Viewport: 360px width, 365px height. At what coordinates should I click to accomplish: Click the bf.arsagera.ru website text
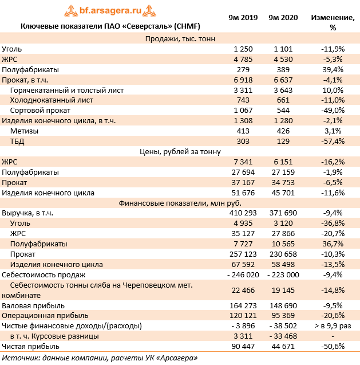pyautogui.click(x=110, y=10)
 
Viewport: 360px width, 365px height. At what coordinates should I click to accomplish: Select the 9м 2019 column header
pyautogui.click(x=243, y=18)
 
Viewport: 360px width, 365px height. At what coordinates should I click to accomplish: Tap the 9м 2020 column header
pyautogui.click(x=283, y=18)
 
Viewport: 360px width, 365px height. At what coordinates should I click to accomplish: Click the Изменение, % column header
pyautogui.click(x=333, y=22)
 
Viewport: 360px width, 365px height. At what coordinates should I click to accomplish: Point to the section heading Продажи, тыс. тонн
pyautogui.click(x=180, y=38)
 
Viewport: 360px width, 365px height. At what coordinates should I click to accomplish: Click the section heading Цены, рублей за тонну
pyautogui.click(x=180, y=152)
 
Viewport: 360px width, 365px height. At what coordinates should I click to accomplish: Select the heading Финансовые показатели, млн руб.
pyautogui.click(x=180, y=203)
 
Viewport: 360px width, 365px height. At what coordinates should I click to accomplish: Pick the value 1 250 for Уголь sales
pyautogui.click(x=243, y=49)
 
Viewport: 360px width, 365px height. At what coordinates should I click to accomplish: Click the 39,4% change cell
pyautogui.click(x=333, y=69)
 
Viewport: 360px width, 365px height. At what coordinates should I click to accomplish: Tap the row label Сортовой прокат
pyautogui.click(x=40, y=111)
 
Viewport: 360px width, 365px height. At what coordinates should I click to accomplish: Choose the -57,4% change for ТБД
pyautogui.click(x=333, y=142)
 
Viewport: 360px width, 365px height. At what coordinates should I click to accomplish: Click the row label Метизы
pyautogui.click(x=24, y=131)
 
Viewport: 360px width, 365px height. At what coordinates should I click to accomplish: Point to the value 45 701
pyautogui.click(x=283, y=193)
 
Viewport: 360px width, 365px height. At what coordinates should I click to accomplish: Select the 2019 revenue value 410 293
pyautogui.click(x=243, y=213)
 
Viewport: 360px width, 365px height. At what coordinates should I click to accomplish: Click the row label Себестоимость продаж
pyautogui.click(x=43, y=275)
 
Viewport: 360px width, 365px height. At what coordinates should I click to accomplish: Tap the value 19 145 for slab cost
pyautogui.click(x=283, y=291)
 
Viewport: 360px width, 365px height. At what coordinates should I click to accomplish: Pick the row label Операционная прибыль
pyautogui.click(x=45, y=316)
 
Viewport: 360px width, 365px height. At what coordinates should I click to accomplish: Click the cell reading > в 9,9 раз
pyautogui.click(x=333, y=326)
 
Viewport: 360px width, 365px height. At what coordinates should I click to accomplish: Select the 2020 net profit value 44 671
pyautogui.click(x=283, y=347)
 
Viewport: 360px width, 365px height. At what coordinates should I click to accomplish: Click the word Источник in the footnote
pyautogui.click(x=21, y=358)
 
